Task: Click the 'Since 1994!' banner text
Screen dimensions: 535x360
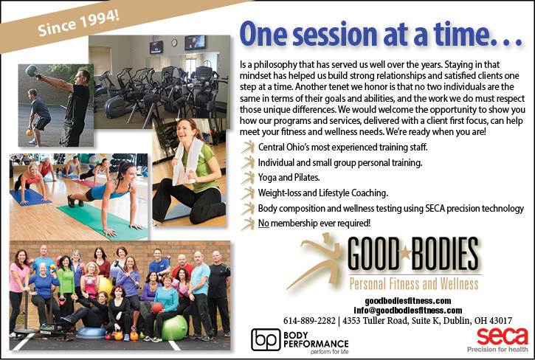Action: (x=78, y=23)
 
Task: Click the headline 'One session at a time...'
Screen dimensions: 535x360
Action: (x=381, y=34)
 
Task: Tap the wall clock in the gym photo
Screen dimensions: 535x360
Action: (x=174, y=42)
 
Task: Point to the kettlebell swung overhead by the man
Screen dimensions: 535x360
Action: (x=32, y=71)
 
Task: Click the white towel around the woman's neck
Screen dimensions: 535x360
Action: (x=186, y=160)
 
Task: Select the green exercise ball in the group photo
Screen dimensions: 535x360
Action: (x=174, y=328)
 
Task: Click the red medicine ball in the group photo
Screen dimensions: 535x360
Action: (x=157, y=308)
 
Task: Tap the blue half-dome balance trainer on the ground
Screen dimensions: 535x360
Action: (x=91, y=333)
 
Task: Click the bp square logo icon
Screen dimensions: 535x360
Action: (x=266, y=339)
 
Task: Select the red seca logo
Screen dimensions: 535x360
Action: (x=503, y=336)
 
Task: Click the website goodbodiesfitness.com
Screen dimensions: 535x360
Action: (x=408, y=301)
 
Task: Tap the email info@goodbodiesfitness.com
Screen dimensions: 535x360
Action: (x=408, y=311)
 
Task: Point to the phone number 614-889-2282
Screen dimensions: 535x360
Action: (x=309, y=321)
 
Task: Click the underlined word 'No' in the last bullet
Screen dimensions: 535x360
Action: (x=263, y=224)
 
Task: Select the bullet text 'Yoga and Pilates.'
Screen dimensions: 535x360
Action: (x=289, y=178)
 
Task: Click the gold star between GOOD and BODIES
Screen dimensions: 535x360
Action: (x=405, y=253)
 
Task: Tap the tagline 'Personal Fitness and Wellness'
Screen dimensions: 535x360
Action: (x=413, y=283)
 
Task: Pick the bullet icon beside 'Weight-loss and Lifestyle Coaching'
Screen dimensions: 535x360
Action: (x=248, y=193)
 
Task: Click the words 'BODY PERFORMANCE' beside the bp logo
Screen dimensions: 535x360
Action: (x=316, y=339)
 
